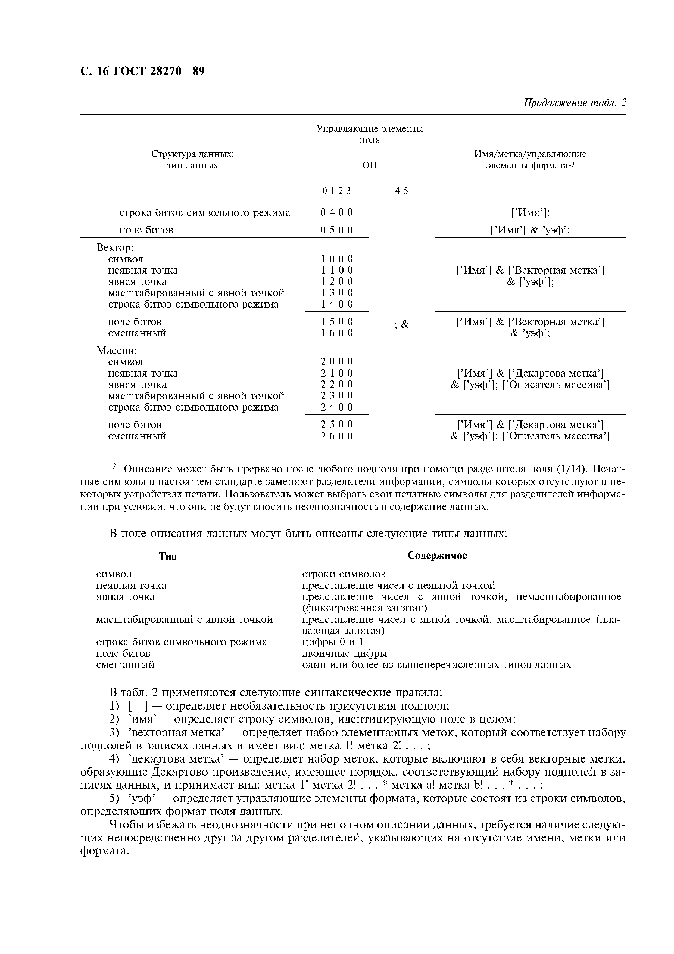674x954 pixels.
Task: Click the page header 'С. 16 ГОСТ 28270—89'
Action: (x=142, y=72)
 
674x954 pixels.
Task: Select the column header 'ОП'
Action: (x=370, y=165)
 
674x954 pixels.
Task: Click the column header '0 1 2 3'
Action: (x=336, y=191)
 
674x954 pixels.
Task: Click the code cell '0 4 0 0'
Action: (x=336, y=213)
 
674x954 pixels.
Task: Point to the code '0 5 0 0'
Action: (x=336, y=230)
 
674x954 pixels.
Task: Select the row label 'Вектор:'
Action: (x=115, y=248)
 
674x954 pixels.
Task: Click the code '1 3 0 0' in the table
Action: (x=336, y=293)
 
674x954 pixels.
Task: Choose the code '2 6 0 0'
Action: (x=336, y=436)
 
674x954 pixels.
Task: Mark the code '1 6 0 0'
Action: (x=336, y=333)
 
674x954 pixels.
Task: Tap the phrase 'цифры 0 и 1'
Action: (x=332, y=642)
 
